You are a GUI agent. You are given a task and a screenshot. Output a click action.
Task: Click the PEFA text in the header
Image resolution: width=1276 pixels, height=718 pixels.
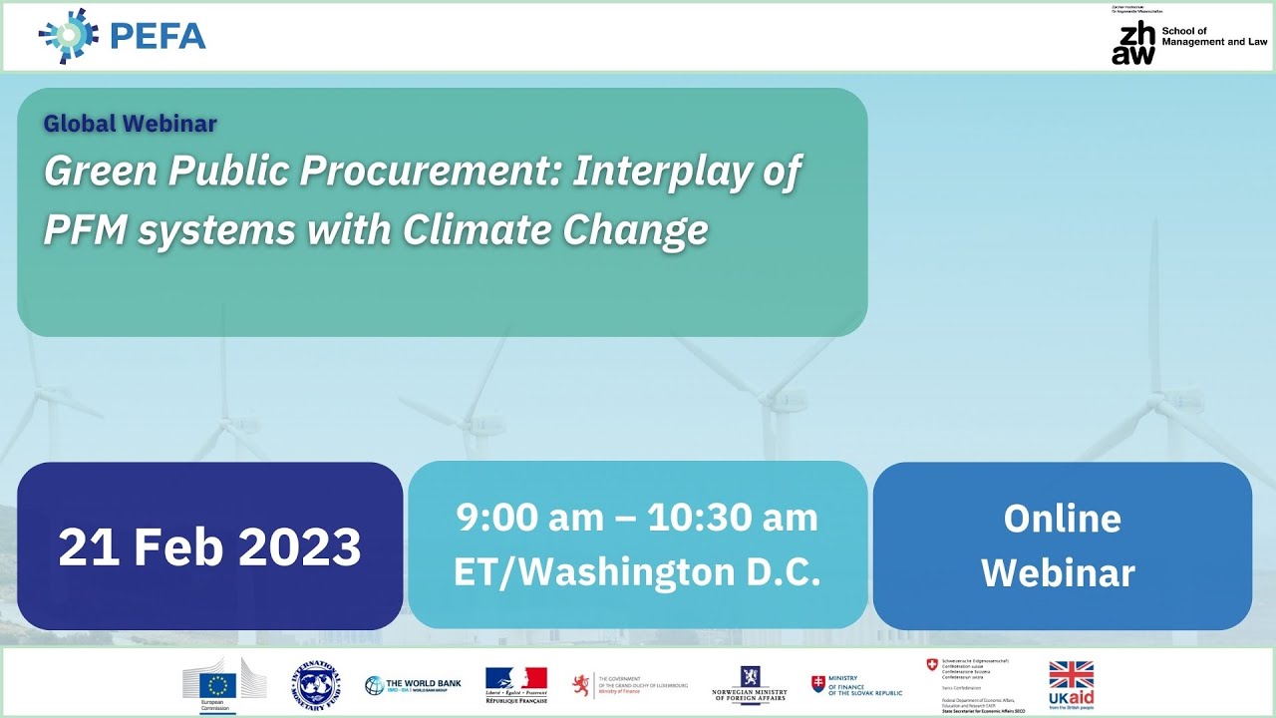[159, 37]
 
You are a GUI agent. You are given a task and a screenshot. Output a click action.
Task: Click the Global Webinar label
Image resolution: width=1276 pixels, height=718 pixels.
[130, 124]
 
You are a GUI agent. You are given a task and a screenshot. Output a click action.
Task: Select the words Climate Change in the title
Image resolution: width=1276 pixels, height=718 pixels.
[555, 229]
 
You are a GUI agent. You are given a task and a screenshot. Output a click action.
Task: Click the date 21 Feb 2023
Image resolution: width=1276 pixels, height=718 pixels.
[209, 546]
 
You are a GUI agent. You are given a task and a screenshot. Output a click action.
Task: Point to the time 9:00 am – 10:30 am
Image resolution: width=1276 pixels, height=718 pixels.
[637, 518]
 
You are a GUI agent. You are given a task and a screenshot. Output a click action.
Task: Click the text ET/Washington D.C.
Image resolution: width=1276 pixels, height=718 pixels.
[637, 572]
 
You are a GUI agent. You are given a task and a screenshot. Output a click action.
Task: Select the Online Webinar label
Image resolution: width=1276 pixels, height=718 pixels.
[1062, 545]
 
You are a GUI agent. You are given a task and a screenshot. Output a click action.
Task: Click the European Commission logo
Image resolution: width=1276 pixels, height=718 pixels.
[218, 684]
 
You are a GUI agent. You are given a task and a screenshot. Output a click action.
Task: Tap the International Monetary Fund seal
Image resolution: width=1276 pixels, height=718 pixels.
[316, 685]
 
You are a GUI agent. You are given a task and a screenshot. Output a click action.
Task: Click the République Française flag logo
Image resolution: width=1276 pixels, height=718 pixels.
[515, 684]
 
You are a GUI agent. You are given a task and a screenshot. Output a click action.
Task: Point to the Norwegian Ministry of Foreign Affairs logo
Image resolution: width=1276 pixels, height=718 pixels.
[750, 684]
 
